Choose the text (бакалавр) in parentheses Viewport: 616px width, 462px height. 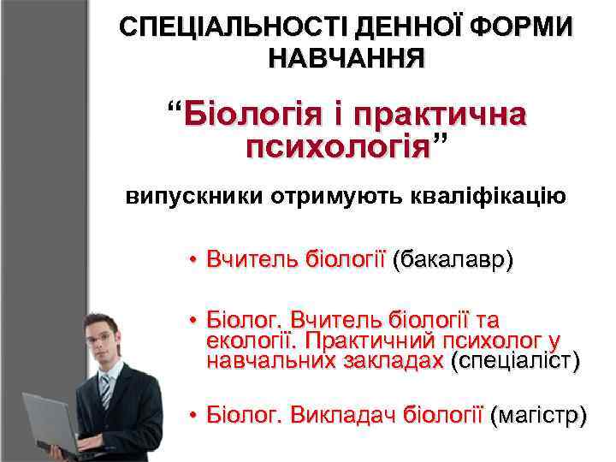coord(453,259)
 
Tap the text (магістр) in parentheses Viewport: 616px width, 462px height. coord(539,416)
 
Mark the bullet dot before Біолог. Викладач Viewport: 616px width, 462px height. coord(194,417)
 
